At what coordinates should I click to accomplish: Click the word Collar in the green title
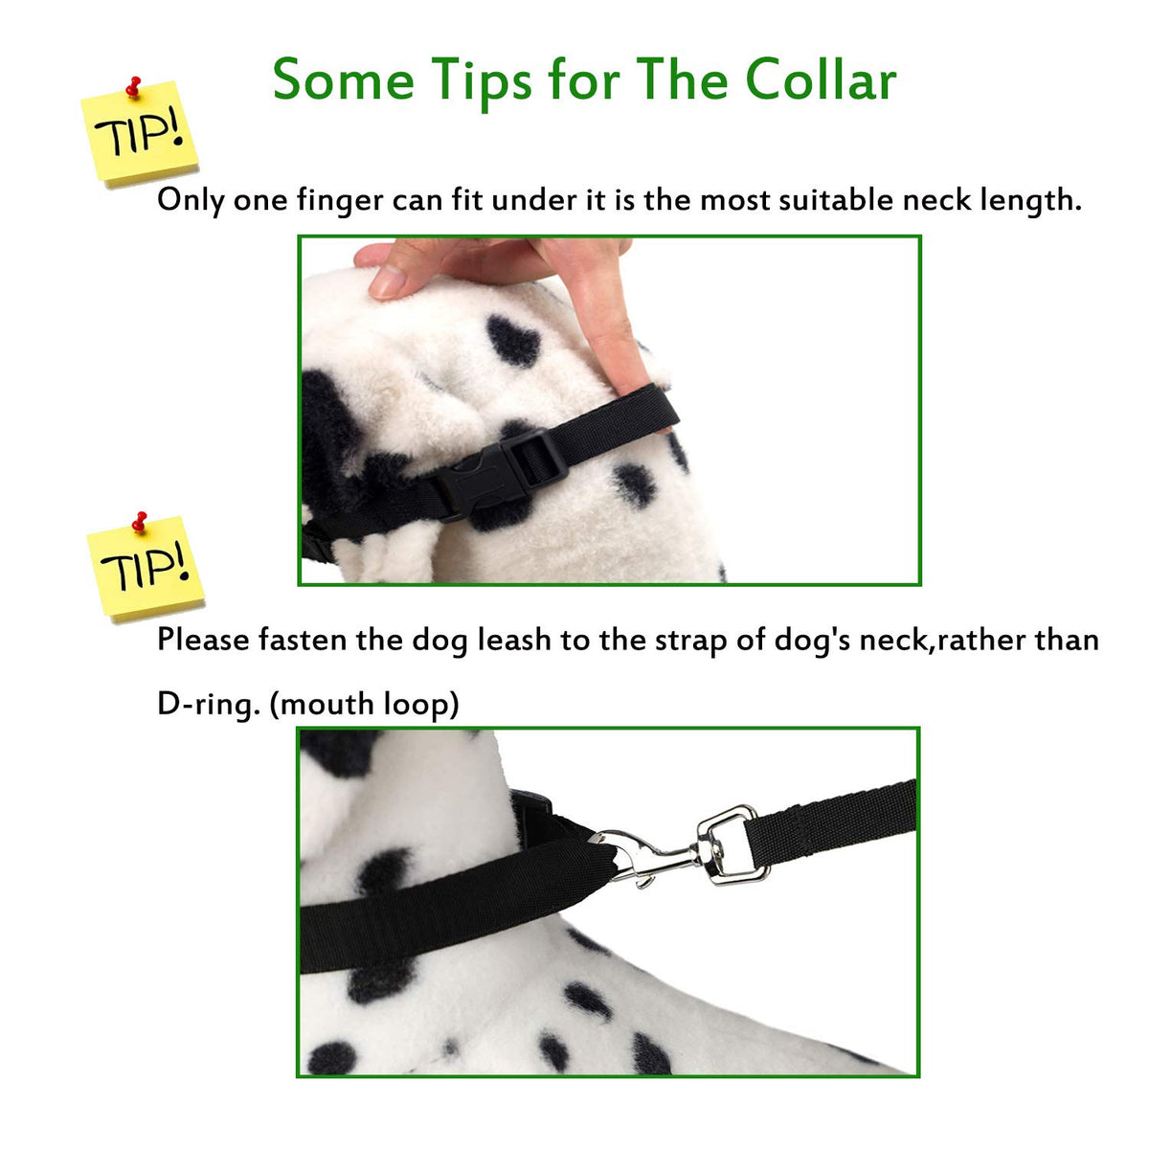pos(821,79)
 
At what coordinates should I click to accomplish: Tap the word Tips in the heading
pos(482,83)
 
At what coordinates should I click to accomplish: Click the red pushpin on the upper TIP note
pos(133,86)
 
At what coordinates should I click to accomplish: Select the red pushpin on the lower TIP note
pos(139,521)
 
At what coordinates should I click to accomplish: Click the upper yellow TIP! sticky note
pos(140,132)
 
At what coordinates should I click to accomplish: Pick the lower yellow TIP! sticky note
pos(146,567)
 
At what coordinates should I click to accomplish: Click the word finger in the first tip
pos(340,200)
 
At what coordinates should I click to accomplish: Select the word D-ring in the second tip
pos(209,705)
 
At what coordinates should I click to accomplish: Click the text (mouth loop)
pos(364,705)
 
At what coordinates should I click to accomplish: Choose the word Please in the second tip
pos(203,640)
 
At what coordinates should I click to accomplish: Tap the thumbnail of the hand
pos(388,281)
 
